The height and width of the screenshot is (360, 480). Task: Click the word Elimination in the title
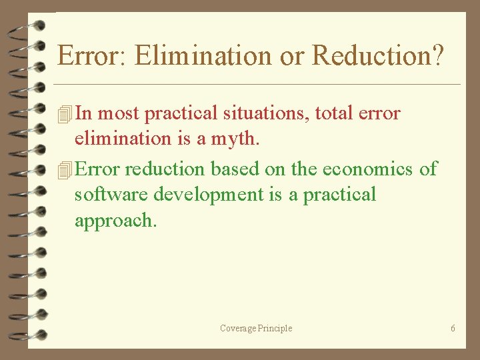coord(203,56)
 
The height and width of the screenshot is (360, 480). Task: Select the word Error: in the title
coord(93,56)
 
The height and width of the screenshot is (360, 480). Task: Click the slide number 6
coord(453,328)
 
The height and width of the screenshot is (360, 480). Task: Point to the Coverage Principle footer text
coord(256,328)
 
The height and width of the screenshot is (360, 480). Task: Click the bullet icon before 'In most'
coord(65,114)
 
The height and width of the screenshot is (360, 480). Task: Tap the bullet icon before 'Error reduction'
coord(65,170)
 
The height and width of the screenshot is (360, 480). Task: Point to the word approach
coord(115,221)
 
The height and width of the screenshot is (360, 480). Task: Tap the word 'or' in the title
coord(291,56)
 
